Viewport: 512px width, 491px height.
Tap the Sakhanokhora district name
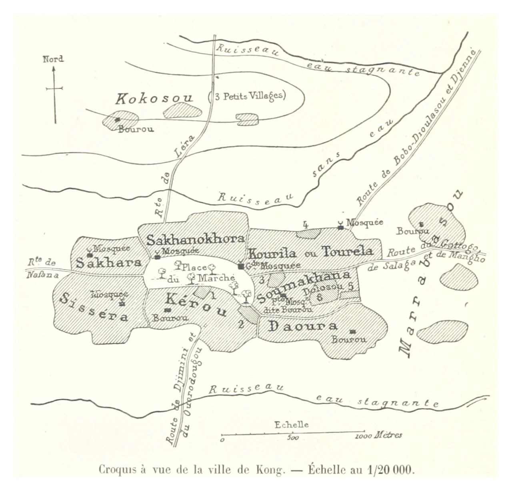click(x=195, y=239)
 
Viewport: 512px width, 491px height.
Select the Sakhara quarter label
click(x=108, y=263)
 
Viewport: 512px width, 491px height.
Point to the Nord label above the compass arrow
click(x=53, y=59)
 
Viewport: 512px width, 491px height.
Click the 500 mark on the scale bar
click(x=293, y=438)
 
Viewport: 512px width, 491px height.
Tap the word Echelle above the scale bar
click(x=292, y=425)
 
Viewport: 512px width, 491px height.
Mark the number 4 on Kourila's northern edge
click(x=306, y=225)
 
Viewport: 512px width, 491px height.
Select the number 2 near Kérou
click(x=241, y=324)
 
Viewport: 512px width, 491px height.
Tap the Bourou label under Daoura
click(x=349, y=340)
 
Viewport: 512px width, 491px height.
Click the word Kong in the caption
click(x=273, y=469)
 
